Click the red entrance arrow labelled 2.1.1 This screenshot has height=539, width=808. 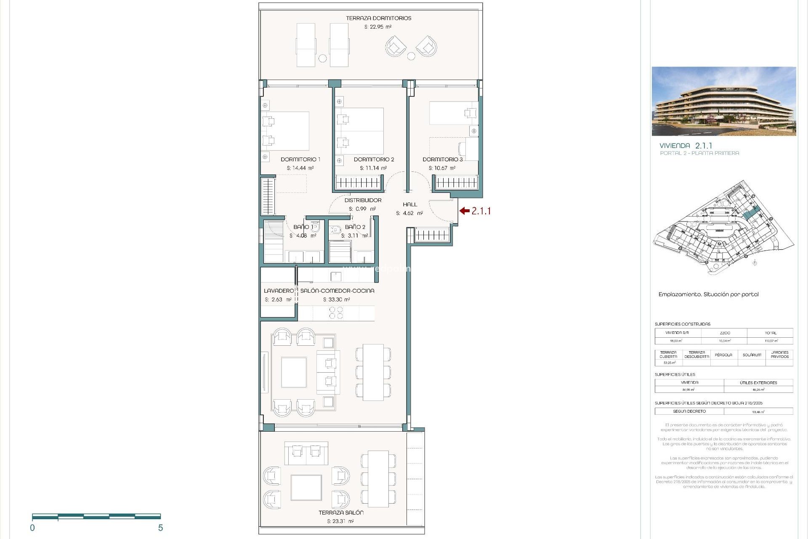(464, 211)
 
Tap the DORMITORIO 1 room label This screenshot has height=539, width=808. (300, 160)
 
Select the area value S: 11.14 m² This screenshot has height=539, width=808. (373, 168)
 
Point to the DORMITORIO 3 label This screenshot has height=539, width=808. (442, 160)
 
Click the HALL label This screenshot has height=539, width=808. (409, 205)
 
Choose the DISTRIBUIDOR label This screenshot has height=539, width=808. (363, 200)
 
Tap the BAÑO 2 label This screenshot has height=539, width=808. (355, 227)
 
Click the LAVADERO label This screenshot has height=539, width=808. (279, 291)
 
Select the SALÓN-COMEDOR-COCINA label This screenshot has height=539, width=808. (337, 291)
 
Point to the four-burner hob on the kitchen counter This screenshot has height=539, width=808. (336, 313)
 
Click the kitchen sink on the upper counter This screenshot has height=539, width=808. (336, 276)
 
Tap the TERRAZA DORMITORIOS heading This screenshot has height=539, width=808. (378, 18)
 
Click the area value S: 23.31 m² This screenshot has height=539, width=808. (340, 521)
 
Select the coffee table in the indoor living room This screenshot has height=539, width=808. (294, 372)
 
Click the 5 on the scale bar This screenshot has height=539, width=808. (160, 528)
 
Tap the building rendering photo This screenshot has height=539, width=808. (723, 101)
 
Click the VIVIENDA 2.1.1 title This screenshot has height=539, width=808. (686, 146)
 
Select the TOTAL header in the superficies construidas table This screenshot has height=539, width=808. (771, 333)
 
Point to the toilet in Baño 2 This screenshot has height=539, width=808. (335, 230)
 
